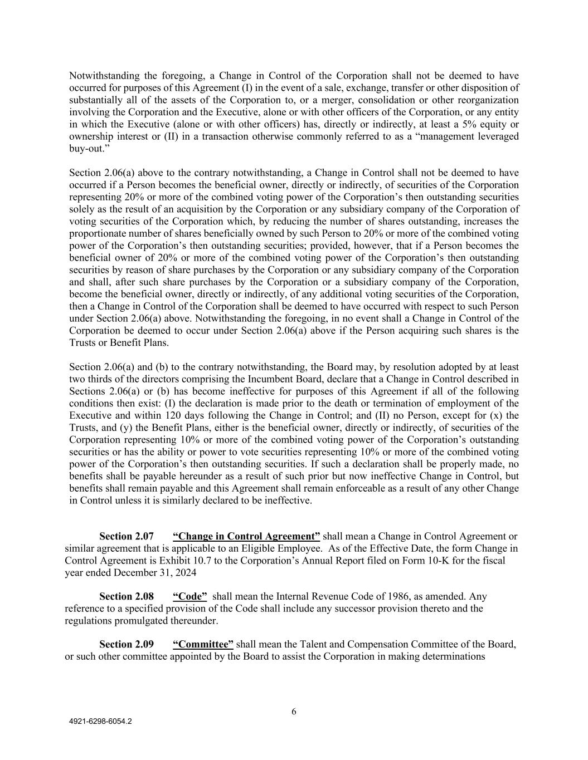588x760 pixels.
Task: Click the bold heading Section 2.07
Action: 126,536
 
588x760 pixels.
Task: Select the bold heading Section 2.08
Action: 126,596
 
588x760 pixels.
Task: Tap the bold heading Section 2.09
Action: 126,644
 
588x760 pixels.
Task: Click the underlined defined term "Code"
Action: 189,596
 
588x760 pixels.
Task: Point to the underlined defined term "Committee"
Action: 203,644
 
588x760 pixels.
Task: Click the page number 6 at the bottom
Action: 294,712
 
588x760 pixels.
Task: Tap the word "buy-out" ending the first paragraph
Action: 85,149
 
